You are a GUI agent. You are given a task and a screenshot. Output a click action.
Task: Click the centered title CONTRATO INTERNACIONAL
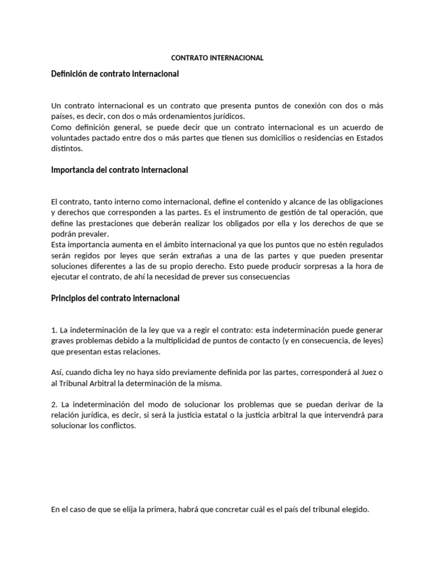pyautogui.click(x=217, y=58)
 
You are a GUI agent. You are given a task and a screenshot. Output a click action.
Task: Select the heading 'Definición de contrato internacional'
pyautogui.click(x=115, y=74)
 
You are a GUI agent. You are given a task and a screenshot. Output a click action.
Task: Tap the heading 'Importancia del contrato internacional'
pyautogui.click(x=120, y=170)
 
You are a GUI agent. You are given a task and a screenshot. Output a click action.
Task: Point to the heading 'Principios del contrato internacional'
pyautogui.click(x=115, y=298)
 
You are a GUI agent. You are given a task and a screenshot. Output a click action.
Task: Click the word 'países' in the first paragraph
pyautogui.click(x=62, y=117)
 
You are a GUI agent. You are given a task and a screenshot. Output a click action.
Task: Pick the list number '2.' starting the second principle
pyautogui.click(x=54, y=405)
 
